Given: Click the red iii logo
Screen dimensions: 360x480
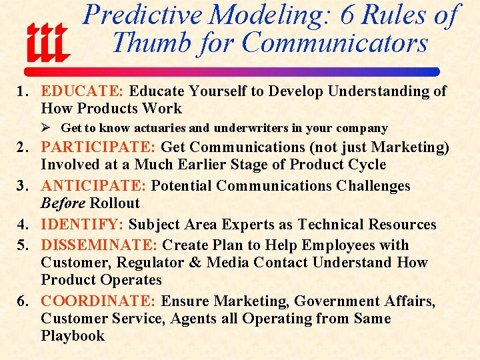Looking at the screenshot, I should click(x=47, y=41).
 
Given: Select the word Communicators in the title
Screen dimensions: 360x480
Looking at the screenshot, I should click(x=335, y=43).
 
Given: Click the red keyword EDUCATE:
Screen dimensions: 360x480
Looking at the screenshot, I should click(x=83, y=91).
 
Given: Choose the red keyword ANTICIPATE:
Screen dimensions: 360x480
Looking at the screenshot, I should click(x=94, y=186).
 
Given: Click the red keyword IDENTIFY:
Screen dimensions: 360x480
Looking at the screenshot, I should click(x=83, y=225).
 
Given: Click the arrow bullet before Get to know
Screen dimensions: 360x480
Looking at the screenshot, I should click(x=46, y=127).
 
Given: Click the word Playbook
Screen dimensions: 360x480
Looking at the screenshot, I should click(x=73, y=336).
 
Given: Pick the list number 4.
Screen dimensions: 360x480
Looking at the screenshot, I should click(x=21, y=225).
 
